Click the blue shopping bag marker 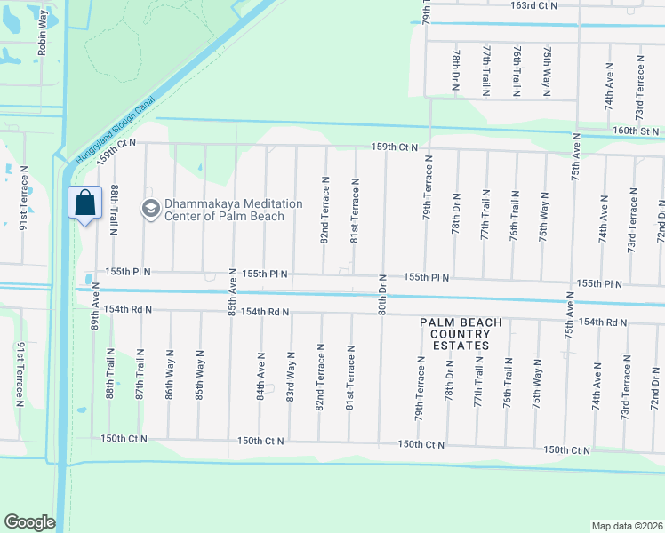[x=84, y=203]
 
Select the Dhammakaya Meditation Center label [x=223, y=210]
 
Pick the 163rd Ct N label [x=533, y=5]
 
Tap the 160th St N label [x=636, y=131]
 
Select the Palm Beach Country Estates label [x=461, y=334]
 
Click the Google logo [x=29, y=522]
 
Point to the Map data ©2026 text [x=626, y=526]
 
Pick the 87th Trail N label [x=140, y=378]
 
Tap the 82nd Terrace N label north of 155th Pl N [x=325, y=219]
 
